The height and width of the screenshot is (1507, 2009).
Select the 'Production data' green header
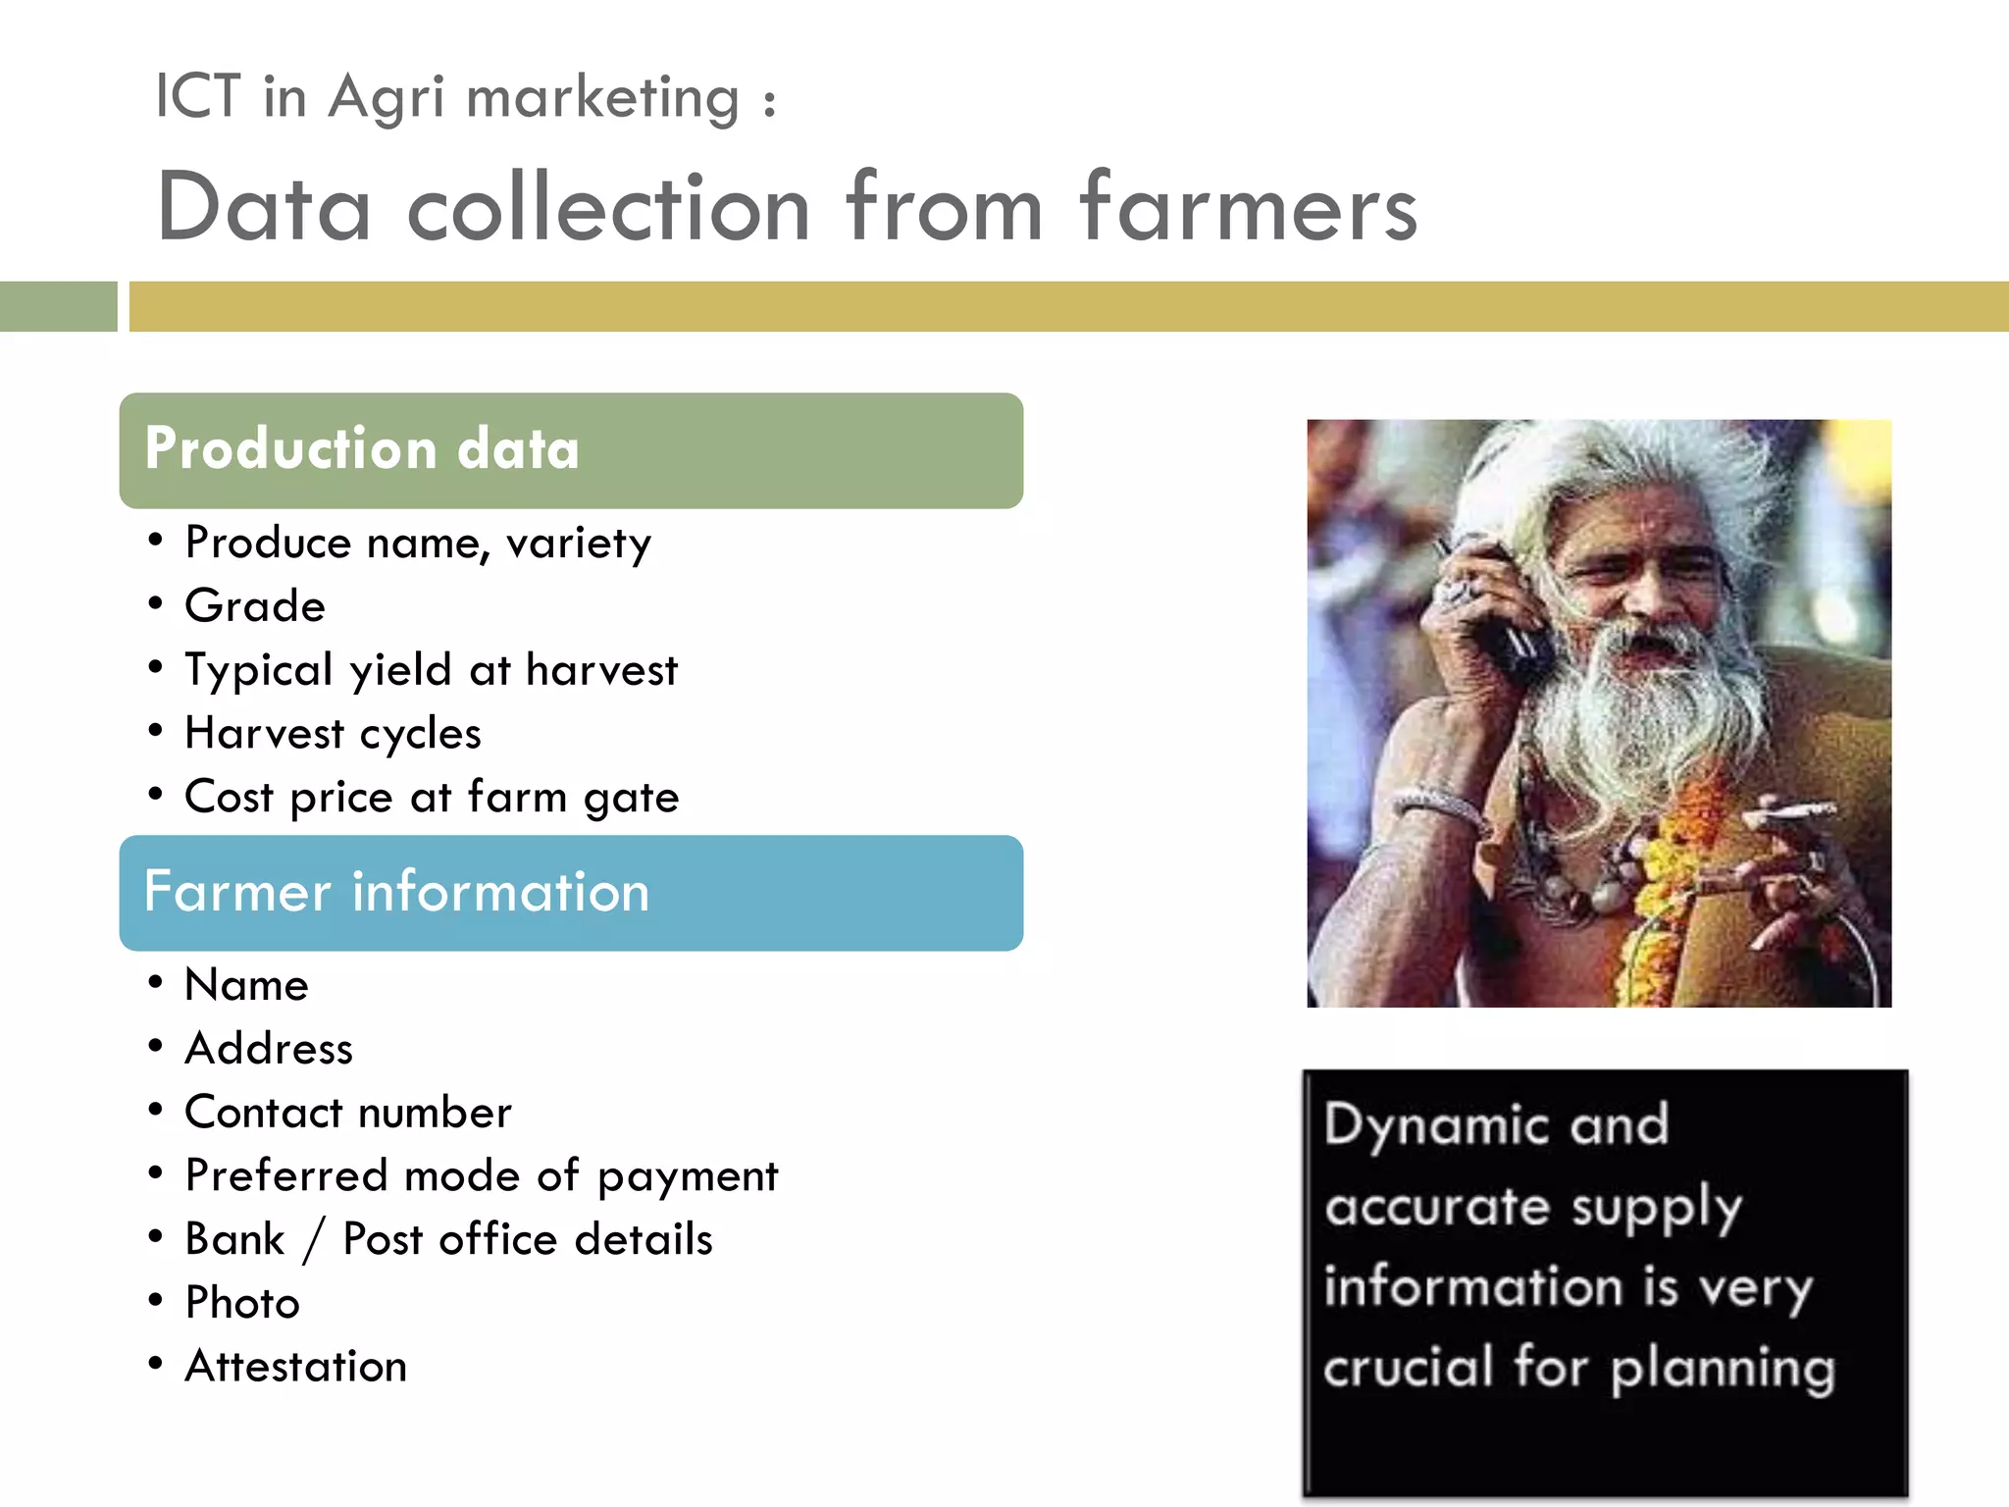(x=570, y=450)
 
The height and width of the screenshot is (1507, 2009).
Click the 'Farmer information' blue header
(x=570, y=893)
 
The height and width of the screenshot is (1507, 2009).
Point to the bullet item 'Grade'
(x=255, y=606)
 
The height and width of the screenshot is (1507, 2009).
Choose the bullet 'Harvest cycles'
(x=333, y=734)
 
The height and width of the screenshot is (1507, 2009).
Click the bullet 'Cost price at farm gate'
(x=431, y=797)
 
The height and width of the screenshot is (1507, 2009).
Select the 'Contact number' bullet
(x=348, y=1113)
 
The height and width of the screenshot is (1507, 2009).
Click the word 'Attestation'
(x=295, y=1367)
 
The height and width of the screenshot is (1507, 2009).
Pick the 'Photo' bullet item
(x=242, y=1303)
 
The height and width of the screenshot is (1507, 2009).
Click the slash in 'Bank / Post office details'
(x=313, y=1240)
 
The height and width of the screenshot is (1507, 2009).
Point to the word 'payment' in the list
(x=688, y=1176)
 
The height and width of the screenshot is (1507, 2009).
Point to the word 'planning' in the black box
(x=1723, y=1368)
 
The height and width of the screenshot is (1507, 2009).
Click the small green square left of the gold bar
(x=58, y=306)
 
